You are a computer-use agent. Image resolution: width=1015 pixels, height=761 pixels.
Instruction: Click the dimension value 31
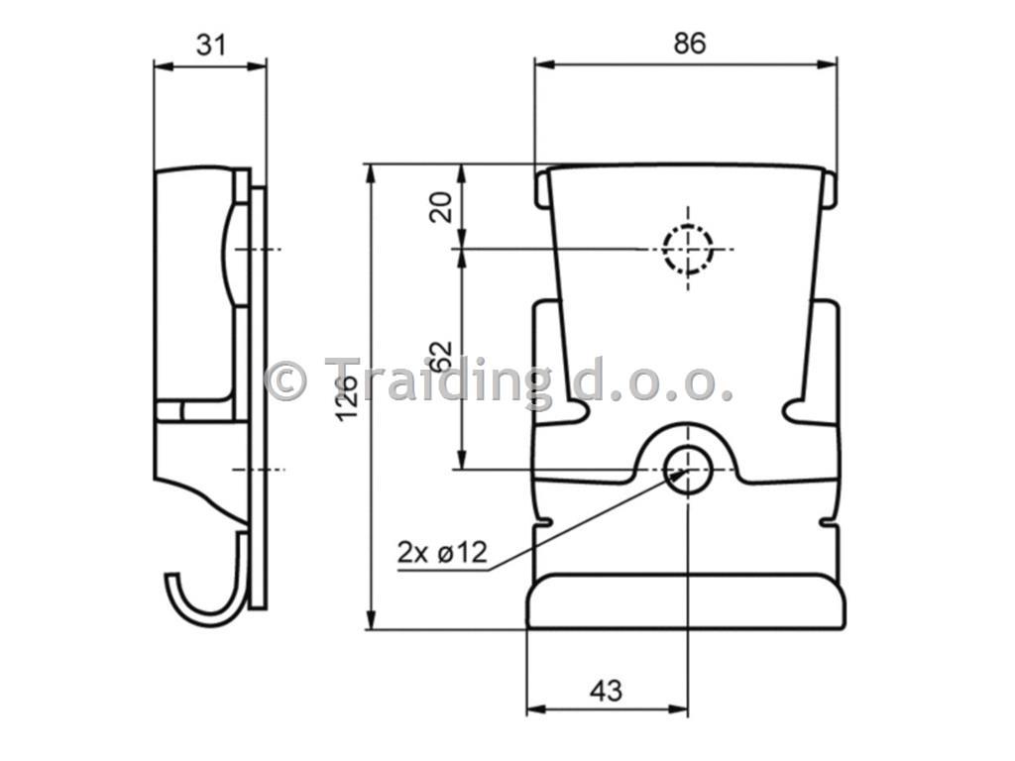click(212, 46)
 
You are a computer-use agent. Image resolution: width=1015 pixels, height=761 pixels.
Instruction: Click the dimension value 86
click(690, 44)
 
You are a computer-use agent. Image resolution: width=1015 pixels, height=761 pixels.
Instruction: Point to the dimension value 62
click(441, 357)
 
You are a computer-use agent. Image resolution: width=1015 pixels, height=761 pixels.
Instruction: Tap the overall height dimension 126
click(348, 396)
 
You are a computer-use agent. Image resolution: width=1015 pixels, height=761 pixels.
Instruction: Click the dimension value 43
click(606, 691)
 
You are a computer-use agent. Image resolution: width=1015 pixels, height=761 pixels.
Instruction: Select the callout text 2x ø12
click(443, 553)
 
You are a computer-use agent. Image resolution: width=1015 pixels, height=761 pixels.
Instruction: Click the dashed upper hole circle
click(688, 249)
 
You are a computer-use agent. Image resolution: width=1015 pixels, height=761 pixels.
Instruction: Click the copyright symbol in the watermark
click(285, 380)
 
